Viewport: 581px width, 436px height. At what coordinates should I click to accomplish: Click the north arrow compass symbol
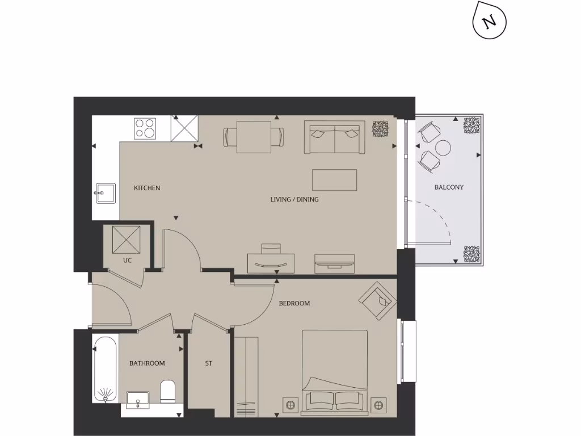point(489,22)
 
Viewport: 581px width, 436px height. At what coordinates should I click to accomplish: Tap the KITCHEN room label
point(147,188)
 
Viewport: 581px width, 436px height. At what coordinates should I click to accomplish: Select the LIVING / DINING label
point(294,199)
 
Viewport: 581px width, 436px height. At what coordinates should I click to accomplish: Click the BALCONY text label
point(449,187)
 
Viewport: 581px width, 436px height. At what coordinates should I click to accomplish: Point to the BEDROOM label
point(294,303)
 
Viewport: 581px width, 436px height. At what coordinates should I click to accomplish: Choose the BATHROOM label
point(147,363)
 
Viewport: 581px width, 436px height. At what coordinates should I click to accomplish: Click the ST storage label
point(208,363)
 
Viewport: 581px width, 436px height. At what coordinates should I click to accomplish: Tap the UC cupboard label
point(127,261)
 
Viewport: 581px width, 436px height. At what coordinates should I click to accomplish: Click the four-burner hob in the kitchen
point(145,128)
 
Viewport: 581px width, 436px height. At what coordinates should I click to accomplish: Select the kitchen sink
point(104,193)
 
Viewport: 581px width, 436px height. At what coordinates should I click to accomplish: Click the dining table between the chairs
point(254,137)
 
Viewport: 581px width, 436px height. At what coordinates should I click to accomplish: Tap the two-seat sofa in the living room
point(335,137)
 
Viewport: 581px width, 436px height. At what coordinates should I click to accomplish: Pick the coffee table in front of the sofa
point(335,180)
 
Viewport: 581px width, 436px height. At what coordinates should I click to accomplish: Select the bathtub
point(106,369)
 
